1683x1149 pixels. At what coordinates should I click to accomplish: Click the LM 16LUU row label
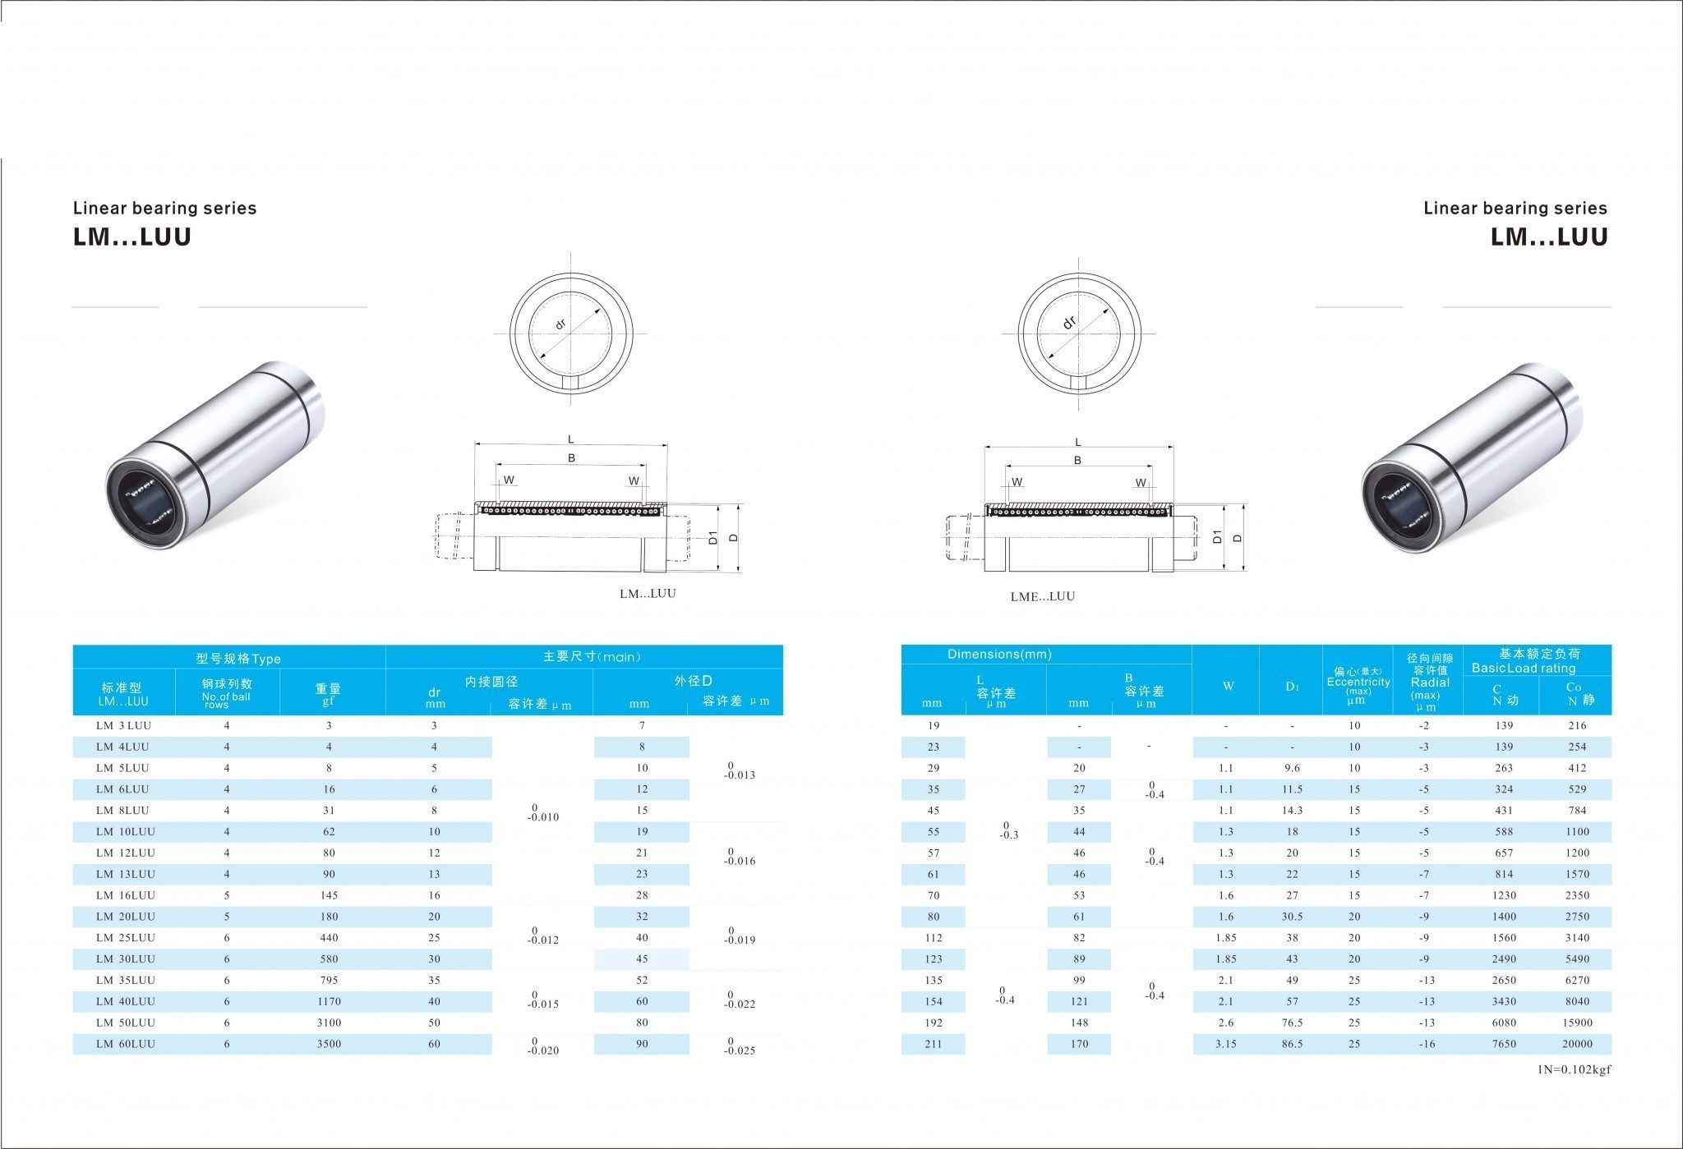point(125,895)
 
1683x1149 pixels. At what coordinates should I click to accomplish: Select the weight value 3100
point(329,1023)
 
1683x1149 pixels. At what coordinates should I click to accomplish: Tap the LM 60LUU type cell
point(125,1044)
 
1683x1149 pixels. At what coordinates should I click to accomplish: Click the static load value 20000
point(1577,1044)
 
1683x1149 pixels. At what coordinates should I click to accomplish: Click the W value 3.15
point(1225,1044)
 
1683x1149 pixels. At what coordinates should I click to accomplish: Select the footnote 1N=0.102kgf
point(1575,1070)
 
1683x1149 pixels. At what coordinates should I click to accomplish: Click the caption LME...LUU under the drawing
point(1042,596)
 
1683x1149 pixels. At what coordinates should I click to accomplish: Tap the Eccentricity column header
point(1358,682)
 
